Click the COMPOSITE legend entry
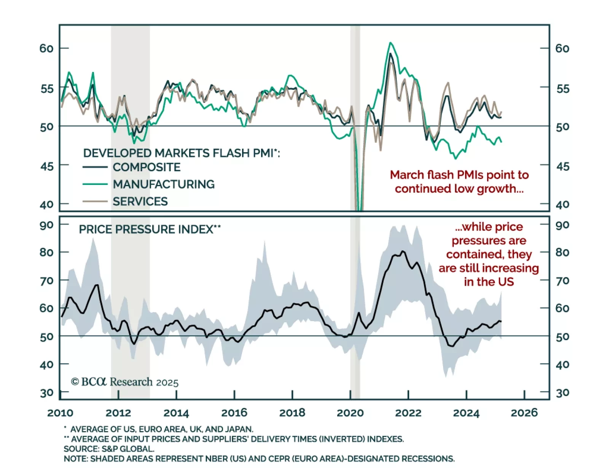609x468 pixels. click(x=146, y=167)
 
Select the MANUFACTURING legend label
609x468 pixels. click(x=163, y=184)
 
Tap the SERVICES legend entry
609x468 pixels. click(x=140, y=201)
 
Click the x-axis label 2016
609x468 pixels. click(x=234, y=413)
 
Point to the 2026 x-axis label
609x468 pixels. click(x=524, y=413)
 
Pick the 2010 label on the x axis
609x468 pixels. click(x=60, y=413)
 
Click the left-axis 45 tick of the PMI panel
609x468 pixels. click(x=47, y=166)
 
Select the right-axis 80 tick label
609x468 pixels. click(x=562, y=252)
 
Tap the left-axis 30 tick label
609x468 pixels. click(x=47, y=393)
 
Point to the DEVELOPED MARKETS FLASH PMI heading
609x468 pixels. click(x=181, y=153)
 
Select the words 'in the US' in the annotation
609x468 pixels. click(x=489, y=282)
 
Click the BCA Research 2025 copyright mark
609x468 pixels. click(x=124, y=382)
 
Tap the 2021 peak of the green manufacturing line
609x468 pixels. click(x=390, y=43)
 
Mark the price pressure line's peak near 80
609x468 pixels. click(x=403, y=252)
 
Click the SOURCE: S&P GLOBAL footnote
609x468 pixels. click(x=109, y=449)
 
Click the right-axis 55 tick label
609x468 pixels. click(x=562, y=89)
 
